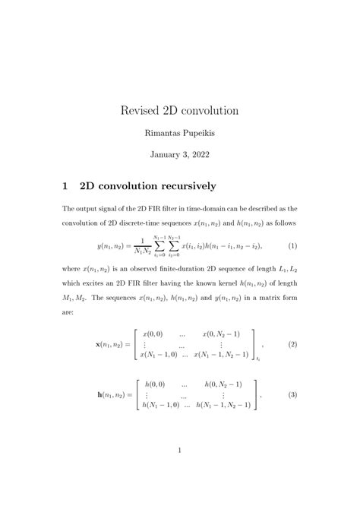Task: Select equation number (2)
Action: pyautogui.click(x=291, y=344)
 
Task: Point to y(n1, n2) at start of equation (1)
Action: pyautogui.click(x=110, y=247)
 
